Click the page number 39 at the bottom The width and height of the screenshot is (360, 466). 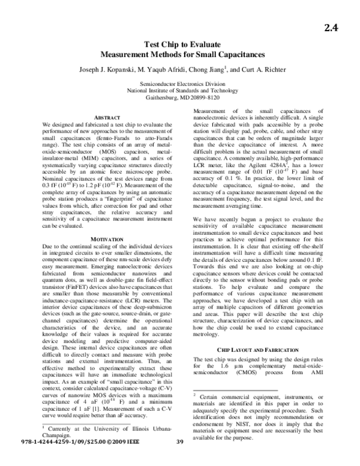(180, 459)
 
